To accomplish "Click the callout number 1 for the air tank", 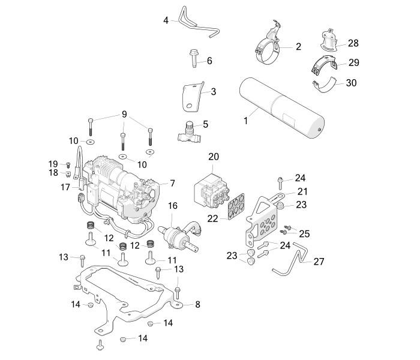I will [245, 121].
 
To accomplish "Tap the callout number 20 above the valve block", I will [214, 157].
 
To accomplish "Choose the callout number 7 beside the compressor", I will [172, 182].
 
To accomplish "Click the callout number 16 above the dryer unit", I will [173, 206].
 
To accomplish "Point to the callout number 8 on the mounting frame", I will [197, 305].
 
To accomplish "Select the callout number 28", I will [353, 43].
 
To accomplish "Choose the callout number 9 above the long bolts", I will [125, 114].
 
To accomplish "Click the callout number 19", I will [52, 164].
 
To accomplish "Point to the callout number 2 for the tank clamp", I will [298, 46].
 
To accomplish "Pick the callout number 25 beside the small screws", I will [304, 233].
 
